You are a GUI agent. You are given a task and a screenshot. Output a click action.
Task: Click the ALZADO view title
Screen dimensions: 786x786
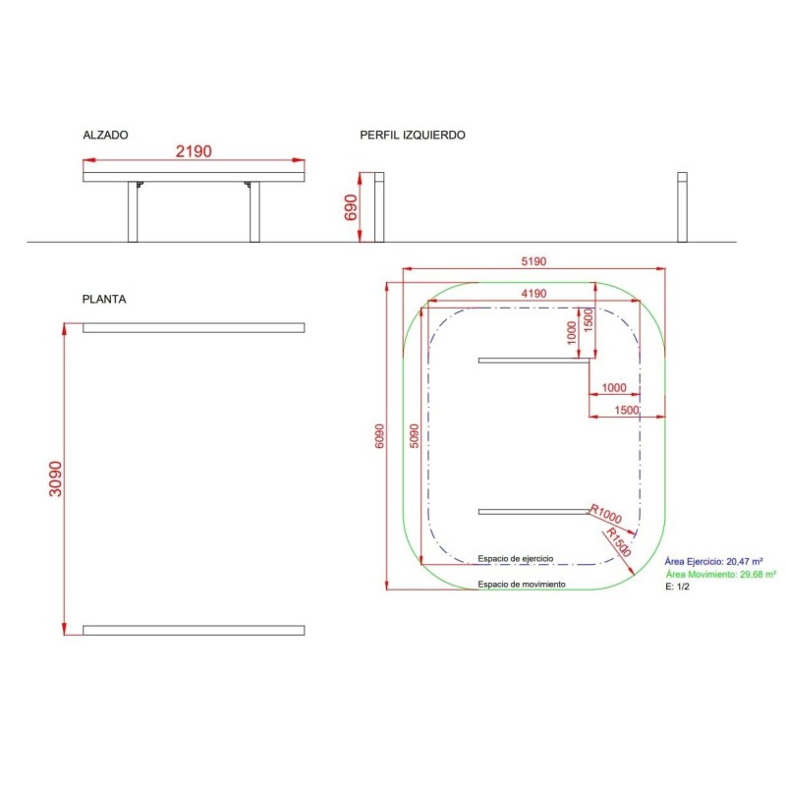tap(105, 136)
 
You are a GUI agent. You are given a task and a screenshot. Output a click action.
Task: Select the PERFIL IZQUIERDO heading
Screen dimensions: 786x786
tap(413, 136)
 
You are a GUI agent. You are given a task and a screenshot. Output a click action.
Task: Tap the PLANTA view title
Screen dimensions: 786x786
tap(104, 299)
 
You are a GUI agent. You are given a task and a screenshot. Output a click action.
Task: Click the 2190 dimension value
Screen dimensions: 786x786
tap(194, 152)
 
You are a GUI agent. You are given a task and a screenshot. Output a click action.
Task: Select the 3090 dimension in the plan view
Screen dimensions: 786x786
tap(56, 478)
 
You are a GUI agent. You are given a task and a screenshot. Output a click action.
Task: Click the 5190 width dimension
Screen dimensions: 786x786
tap(533, 262)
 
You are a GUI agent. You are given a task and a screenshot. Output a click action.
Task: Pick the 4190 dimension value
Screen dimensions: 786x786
tap(533, 294)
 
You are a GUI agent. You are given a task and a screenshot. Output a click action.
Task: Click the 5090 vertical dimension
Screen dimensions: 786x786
tap(415, 436)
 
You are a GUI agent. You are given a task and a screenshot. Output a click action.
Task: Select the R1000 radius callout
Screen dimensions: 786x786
tap(608, 513)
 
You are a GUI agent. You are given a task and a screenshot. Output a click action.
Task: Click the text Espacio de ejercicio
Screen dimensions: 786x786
tap(516, 558)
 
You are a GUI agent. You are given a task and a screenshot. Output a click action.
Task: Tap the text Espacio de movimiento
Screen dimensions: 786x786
tap(522, 585)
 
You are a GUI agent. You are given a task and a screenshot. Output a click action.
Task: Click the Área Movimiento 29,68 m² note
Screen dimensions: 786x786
tap(720, 575)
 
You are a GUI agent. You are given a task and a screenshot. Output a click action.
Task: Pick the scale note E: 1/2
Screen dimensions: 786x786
tap(679, 587)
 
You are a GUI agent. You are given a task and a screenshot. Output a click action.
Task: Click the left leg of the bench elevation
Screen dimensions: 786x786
tap(133, 211)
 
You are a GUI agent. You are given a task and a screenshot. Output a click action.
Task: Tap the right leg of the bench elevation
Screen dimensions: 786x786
tap(254, 211)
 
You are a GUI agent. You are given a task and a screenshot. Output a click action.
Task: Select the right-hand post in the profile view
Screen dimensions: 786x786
tap(682, 206)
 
